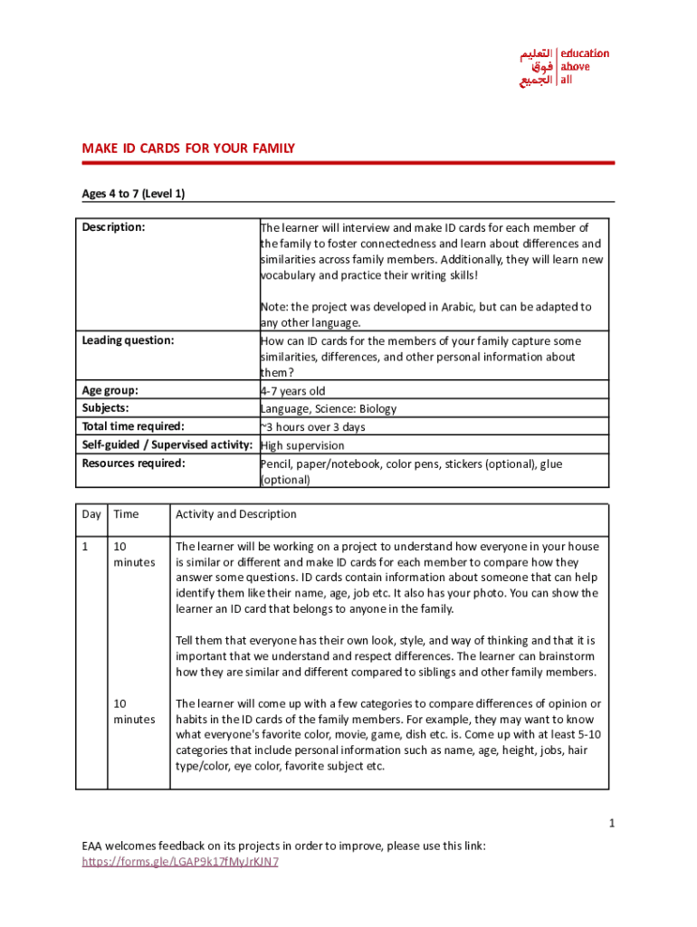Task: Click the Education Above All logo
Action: pos(564,67)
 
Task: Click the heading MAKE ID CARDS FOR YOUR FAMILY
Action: pos(188,148)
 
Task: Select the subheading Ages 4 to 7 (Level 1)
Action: pos(133,194)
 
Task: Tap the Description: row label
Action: pos(113,228)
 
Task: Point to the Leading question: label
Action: pos(128,341)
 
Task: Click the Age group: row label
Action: pos(110,390)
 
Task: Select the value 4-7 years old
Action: pos(292,391)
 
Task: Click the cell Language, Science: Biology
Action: pos(329,409)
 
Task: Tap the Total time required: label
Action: pos(133,426)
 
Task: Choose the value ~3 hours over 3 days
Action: pos(313,427)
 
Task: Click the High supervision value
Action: pos(302,445)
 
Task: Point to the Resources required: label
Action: pos(133,463)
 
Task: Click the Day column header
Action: pos(91,514)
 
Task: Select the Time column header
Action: pos(126,514)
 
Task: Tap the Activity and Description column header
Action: pos(236,514)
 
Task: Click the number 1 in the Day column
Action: pos(85,547)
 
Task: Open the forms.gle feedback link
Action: pos(180,862)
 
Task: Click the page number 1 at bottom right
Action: pos(612,823)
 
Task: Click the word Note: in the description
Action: pos(273,307)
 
